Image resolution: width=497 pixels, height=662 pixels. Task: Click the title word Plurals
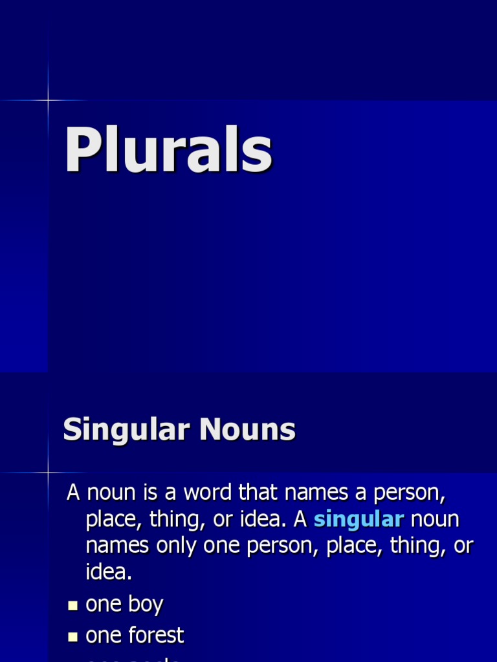click(168, 151)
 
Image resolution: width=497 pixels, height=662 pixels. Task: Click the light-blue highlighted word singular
click(359, 519)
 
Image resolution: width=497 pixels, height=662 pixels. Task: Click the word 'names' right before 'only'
click(118, 546)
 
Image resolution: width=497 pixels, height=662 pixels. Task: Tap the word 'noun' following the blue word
click(435, 519)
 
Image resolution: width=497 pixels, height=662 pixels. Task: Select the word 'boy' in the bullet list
click(145, 605)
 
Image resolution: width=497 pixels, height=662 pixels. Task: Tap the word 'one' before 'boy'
click(104, 605)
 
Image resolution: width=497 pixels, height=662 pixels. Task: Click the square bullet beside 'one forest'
click(73, 637)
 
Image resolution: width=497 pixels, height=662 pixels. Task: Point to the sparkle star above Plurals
click(48, 100)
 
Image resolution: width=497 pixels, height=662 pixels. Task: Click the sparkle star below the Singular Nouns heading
click(48, 473)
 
